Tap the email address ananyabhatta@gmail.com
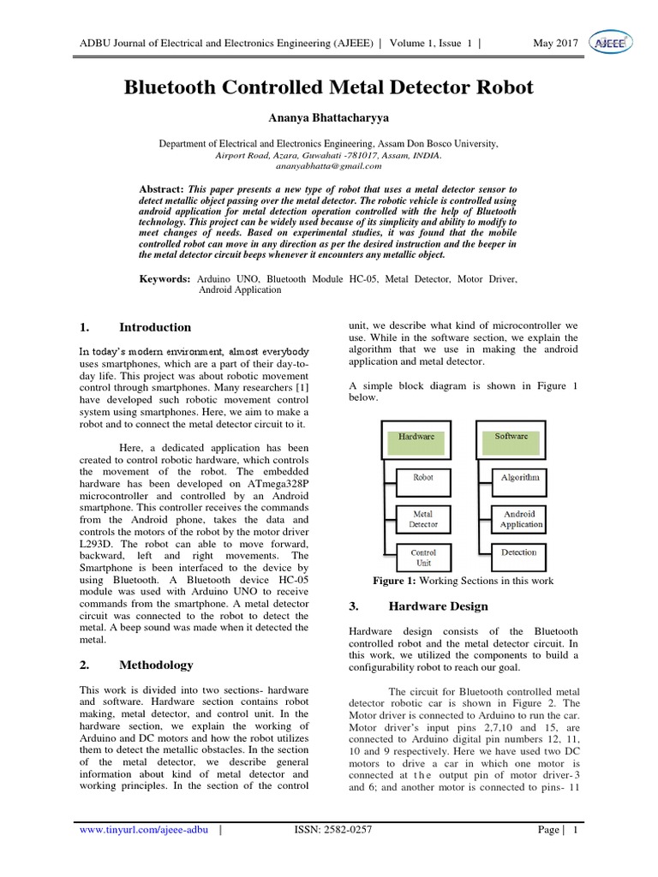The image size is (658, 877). click(328, 166)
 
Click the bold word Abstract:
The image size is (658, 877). click(162, 188)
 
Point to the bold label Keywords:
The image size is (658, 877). click(165, 279)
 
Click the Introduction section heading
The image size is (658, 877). click(155, 327)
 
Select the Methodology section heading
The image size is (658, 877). click(156, 665)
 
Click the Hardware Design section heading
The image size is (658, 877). click(438, 606)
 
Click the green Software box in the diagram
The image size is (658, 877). click(511, 437)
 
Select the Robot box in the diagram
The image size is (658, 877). click(423, 478)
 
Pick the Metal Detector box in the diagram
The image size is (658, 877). click(423, 518)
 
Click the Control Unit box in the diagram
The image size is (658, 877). click(423, 558)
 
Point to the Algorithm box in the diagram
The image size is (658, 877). click(520, 478)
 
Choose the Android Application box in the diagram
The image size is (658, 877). click(520, 519)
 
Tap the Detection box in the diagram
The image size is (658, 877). click(519, 552)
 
